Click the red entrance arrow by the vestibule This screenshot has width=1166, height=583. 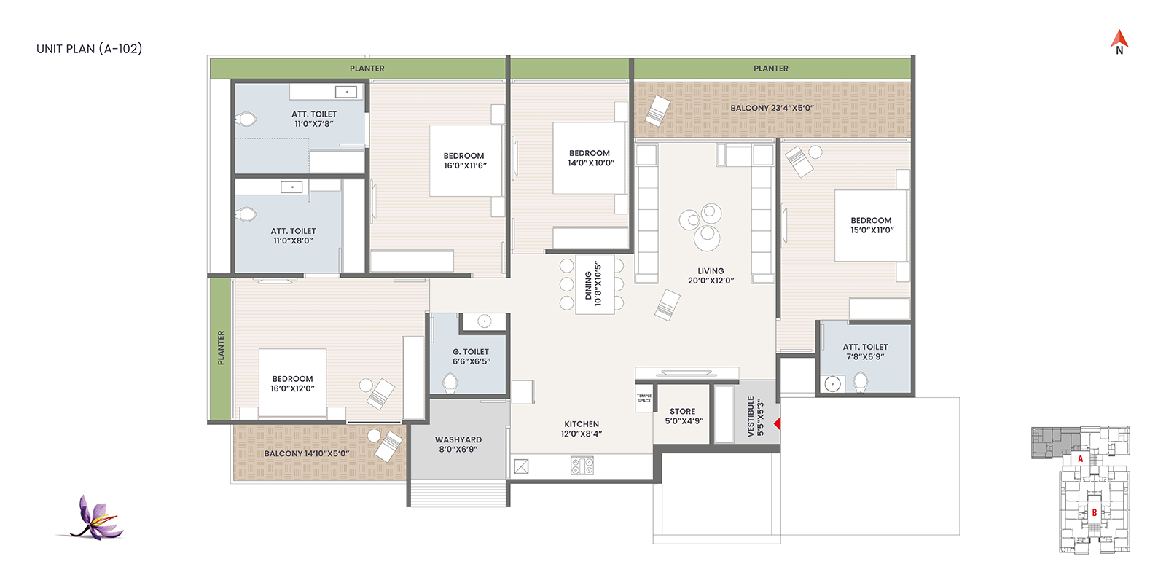click(x=777, y=423)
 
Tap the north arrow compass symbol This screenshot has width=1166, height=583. click(x=1119, y=42)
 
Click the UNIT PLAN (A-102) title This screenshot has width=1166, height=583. click(x=89, y=49)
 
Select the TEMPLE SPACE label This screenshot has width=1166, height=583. click(x=644, y=398)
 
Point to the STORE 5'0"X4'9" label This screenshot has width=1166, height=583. click(x=684, y=416)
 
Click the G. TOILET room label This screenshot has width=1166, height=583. click(x=471, y=356)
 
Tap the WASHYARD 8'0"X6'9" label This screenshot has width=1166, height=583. click(x=458, y=444)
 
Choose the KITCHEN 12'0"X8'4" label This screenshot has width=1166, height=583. click(x=582, y=429)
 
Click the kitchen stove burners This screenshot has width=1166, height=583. click(x=582, y=466)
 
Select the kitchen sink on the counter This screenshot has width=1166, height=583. click(x=521, y=466)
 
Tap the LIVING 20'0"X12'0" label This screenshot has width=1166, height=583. click(x=711, y=275)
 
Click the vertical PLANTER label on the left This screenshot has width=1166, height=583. click(x=221, y=348)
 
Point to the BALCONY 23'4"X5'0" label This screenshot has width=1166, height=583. click(x=772, y=109)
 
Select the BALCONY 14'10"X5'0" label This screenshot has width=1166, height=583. click(x=307, y=453)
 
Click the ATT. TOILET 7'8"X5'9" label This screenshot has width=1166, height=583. click(x=865, y=352)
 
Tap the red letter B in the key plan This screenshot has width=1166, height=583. click(x=1094, y=513)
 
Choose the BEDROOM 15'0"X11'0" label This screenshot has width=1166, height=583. click(x=872, y=225)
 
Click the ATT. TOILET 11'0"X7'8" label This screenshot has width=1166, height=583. click(x=314, y=119)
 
